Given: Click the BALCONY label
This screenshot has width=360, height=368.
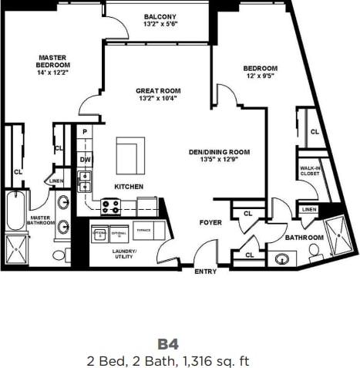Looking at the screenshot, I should [160, 17].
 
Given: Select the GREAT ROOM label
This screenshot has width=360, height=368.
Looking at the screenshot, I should [158, 90].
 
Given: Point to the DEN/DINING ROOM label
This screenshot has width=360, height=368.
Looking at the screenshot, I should [220, 152].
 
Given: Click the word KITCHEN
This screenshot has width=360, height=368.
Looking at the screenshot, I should [128, 187].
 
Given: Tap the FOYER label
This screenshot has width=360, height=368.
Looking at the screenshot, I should [210, 222].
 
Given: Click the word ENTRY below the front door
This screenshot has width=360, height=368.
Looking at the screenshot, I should [206, 271].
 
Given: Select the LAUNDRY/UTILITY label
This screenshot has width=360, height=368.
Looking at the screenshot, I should [124, 255].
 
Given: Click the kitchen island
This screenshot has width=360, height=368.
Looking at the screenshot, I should [130, 156].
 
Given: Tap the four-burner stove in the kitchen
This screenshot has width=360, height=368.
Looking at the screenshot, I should [111, 206].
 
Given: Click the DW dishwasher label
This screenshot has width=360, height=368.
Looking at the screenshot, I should [85, 160].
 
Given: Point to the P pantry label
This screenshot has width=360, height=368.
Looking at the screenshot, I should [85, 132].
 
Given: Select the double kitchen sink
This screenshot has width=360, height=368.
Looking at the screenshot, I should [85, 181].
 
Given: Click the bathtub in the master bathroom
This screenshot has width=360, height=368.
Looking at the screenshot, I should [15, 211].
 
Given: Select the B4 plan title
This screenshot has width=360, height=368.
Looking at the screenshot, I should [168, 343].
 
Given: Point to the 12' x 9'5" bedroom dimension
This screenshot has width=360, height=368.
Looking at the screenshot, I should [260, 76].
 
